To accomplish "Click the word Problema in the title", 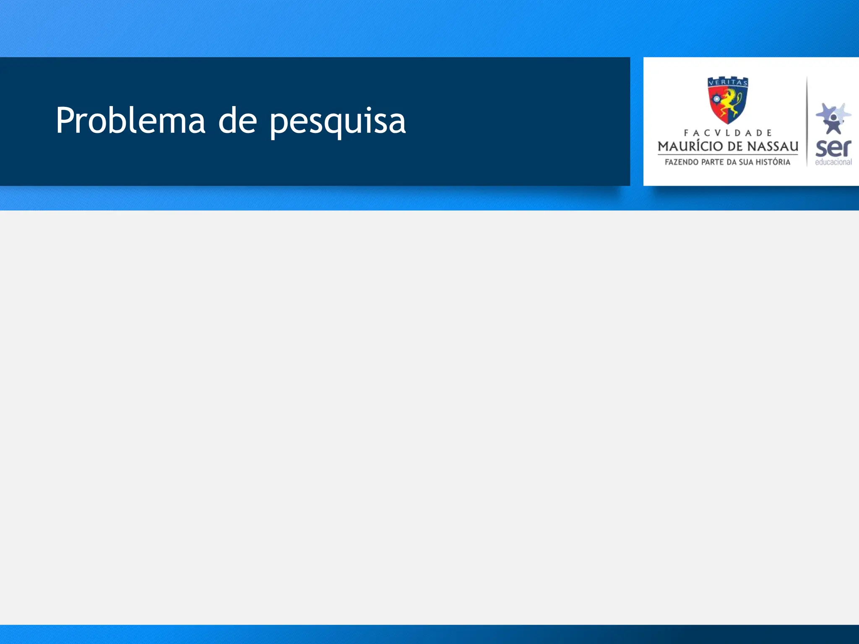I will point(130,121).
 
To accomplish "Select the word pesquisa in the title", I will point(338,122).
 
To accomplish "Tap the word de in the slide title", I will point(237,121).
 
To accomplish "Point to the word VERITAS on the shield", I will point(728,83).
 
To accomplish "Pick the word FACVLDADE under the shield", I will point(728,133).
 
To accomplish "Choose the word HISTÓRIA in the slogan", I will point(774,162).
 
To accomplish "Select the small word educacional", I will point(833,162).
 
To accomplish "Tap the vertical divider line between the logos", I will point(807,122).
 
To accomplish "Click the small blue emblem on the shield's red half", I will point(716,99).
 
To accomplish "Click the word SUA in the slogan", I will point(746,162).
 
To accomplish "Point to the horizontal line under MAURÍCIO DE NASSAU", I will point(728,155).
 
